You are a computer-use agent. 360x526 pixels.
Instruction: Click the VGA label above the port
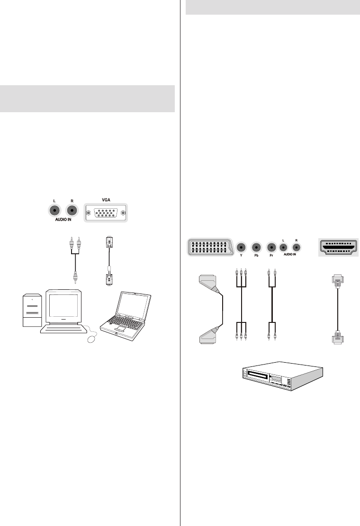click(106, 200)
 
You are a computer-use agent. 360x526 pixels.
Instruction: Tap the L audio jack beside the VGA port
click(55, 212)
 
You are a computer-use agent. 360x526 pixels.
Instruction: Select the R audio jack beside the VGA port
click(72, 212)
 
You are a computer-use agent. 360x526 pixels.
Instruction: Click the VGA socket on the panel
click(106, 213)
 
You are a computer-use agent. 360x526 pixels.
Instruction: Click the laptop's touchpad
click(119, 329)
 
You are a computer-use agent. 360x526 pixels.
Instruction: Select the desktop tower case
click(31, 312)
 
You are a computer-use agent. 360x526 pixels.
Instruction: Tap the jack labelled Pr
click(272, 247)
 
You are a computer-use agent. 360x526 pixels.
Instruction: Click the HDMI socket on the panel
click(338, 247)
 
